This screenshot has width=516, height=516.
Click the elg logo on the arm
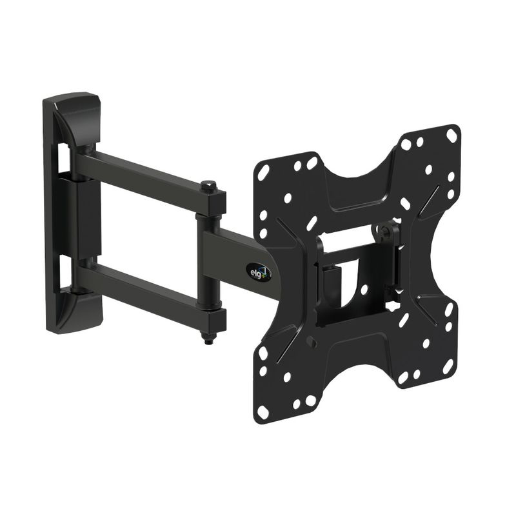(259, 272)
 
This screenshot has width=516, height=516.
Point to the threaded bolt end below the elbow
(208, 337)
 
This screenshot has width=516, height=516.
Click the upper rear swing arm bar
(148, 179)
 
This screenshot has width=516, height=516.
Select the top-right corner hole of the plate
(450, 134)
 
